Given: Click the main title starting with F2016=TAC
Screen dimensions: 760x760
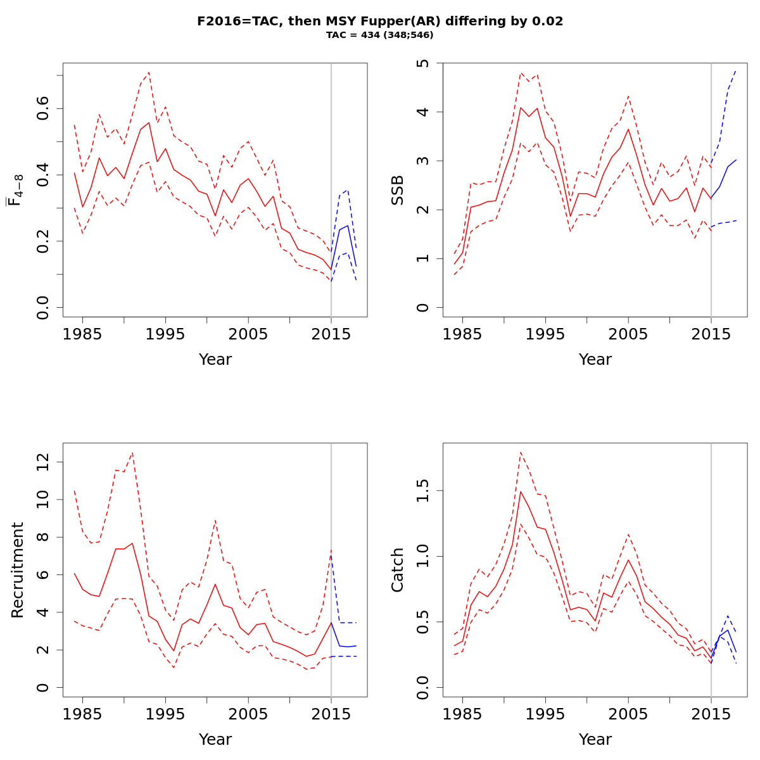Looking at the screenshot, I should pos(380,21).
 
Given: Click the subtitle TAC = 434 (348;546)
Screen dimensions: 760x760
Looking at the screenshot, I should pos(380,35).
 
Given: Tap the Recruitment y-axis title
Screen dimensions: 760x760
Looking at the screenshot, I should pos(18,570).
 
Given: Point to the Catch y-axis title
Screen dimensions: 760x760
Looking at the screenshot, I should pos(398,570).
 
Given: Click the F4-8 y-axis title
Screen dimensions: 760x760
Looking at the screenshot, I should pos(14,190).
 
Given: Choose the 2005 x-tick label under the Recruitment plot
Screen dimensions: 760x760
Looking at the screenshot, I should pos(248,714).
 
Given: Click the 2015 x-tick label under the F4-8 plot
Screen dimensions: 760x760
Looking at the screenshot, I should pos(331,334).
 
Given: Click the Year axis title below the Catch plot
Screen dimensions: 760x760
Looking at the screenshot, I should pos(595,739).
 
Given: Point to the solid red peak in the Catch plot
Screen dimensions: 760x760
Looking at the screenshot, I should pos(521,491).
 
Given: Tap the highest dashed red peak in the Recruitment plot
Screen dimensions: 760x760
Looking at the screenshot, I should pos(132,452).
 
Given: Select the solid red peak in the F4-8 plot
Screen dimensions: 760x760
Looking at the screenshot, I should pos(149,123).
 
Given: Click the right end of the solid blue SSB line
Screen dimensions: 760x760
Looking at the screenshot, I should pos(736,160).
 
